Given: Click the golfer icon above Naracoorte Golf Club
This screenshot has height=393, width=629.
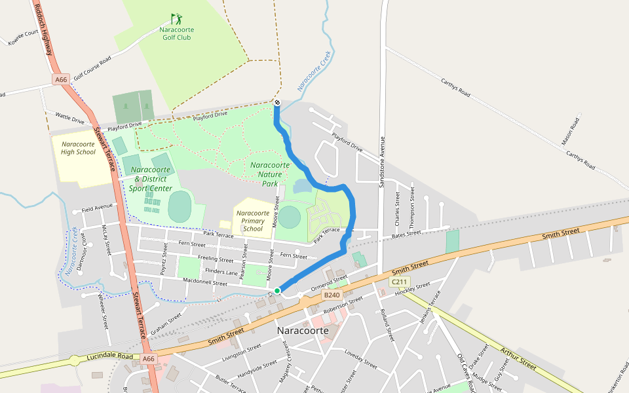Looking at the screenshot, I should click(x=176, y=19).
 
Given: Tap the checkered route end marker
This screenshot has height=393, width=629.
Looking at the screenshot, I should click(x=276, y=103).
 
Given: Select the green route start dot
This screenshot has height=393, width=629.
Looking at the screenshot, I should click(x=277, y=290).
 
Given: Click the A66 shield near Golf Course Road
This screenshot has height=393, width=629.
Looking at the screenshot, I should click(x=61, y=79).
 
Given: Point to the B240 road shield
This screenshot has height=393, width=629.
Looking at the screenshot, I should click(x=332, y=295).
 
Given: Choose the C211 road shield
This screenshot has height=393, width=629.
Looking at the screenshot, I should click(x=398, y=282).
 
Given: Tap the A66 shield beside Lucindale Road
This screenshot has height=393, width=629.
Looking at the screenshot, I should click(x=149, y=358).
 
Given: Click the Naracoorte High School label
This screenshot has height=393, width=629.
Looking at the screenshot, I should click(x=79, y=148).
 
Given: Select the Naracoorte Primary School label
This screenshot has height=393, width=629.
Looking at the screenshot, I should click(x=253, y=221).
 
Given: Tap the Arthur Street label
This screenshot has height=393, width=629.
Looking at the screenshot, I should click(x=518, y=358).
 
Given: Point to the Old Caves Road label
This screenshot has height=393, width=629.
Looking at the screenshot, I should click(x=469, y=369).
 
